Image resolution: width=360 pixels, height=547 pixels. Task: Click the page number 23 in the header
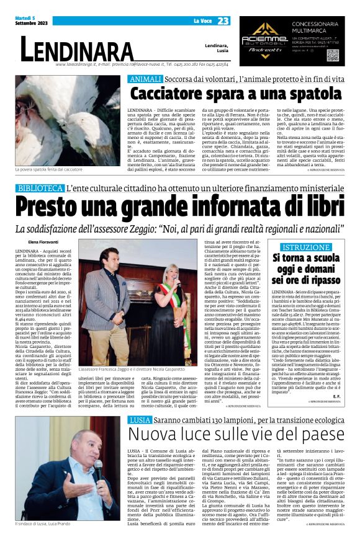(223, 22)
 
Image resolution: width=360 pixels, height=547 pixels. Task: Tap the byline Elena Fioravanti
(44, 242)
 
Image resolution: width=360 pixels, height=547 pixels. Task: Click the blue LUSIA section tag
(140, 419)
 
